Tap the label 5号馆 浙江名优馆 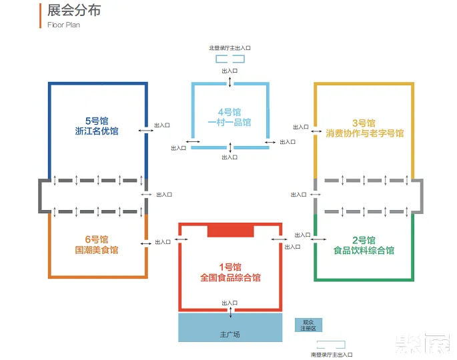[97, 127]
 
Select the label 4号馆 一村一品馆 [229, 117]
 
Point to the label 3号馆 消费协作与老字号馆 [364, 129]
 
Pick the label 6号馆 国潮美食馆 [97, 245]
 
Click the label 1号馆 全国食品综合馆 [230, 272]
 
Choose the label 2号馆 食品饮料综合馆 [364, 245]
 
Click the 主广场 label [229, 333]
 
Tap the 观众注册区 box [309, 325]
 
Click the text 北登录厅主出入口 [229, 48]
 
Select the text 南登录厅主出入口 [331, 355]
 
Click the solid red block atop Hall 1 [230, 231]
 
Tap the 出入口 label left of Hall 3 [300, 127]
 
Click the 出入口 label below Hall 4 [229, 157]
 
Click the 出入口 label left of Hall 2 [302, 235]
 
